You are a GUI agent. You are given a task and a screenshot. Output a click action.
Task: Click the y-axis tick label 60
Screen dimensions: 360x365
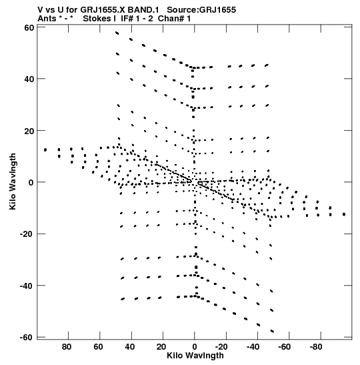click(29, 28)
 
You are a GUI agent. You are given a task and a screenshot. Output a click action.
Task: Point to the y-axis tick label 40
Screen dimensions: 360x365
click(29, 79)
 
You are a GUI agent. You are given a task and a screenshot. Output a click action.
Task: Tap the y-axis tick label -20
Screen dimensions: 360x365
click(27, 234)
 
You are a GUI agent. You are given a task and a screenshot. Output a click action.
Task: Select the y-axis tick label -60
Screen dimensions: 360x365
click(27, 337)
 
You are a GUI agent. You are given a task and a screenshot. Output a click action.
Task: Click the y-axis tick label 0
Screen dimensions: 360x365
click(31, 182)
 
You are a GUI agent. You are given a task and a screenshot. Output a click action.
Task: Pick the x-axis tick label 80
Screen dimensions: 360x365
click(67, 347)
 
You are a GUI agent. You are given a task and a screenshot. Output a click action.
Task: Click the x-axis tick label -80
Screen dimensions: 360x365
click(316, 347)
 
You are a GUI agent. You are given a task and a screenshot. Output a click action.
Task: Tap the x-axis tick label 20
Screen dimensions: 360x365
click(161, 347)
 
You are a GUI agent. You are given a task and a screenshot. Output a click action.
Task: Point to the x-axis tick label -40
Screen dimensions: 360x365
click(253, 347)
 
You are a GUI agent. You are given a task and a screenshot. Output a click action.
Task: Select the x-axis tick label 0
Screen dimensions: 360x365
click(195, 347)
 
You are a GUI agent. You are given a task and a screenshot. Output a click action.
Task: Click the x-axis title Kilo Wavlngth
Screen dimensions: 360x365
click(195, 356)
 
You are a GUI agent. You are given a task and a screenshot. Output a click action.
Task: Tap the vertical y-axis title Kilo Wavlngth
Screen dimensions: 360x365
click(13, 181)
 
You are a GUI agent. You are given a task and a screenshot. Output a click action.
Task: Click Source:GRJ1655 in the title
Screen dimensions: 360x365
click(201, 10)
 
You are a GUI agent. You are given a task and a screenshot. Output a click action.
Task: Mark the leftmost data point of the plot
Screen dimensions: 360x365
click(45, 150)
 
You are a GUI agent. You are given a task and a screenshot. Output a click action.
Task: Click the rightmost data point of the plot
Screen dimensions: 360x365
click(344, 214)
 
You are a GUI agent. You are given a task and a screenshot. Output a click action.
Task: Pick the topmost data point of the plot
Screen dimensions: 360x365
click(117, 33)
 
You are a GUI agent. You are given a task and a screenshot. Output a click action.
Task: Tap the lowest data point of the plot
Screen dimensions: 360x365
click(272, 331)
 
